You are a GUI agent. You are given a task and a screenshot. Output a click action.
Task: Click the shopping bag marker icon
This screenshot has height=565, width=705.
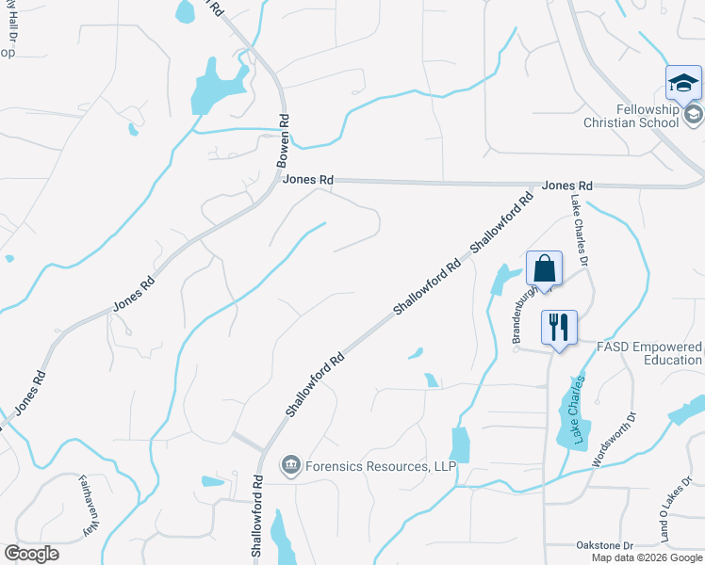pyautogui.click(x=545, y=268)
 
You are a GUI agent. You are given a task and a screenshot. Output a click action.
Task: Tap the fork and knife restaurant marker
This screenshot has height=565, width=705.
pyautogui.click(x=559, y=328)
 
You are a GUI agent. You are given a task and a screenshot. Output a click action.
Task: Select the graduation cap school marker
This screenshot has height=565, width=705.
pyautogui.click(x=683, y=84)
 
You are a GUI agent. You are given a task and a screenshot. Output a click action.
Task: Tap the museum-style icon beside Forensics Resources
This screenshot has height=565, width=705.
pyautogui.click(x=290, y=465)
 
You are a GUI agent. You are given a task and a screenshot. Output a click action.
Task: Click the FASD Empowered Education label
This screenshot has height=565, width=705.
pyautogui.click(x=650, y=353)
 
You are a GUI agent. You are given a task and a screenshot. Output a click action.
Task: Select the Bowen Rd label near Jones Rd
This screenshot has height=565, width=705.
pyautogui.click(x=284, y=142)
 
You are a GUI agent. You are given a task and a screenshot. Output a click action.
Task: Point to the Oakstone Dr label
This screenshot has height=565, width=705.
pyautogui.click(x=603, y=545)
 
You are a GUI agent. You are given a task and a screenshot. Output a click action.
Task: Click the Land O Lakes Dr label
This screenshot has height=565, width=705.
pyautogui.click(x=672, y=519)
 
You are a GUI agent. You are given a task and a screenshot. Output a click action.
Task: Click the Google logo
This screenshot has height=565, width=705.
pyautogui.click(x=31, y=554)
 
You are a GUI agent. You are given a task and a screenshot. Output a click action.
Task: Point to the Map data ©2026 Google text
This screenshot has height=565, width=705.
pyautogui.click(x=647, y=557)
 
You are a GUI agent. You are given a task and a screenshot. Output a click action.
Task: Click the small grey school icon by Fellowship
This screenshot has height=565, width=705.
pyautogui.click(x=695, y=115)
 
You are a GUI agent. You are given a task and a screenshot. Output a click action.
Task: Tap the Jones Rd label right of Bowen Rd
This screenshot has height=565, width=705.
pyautogui.click(x=308, y=179)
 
